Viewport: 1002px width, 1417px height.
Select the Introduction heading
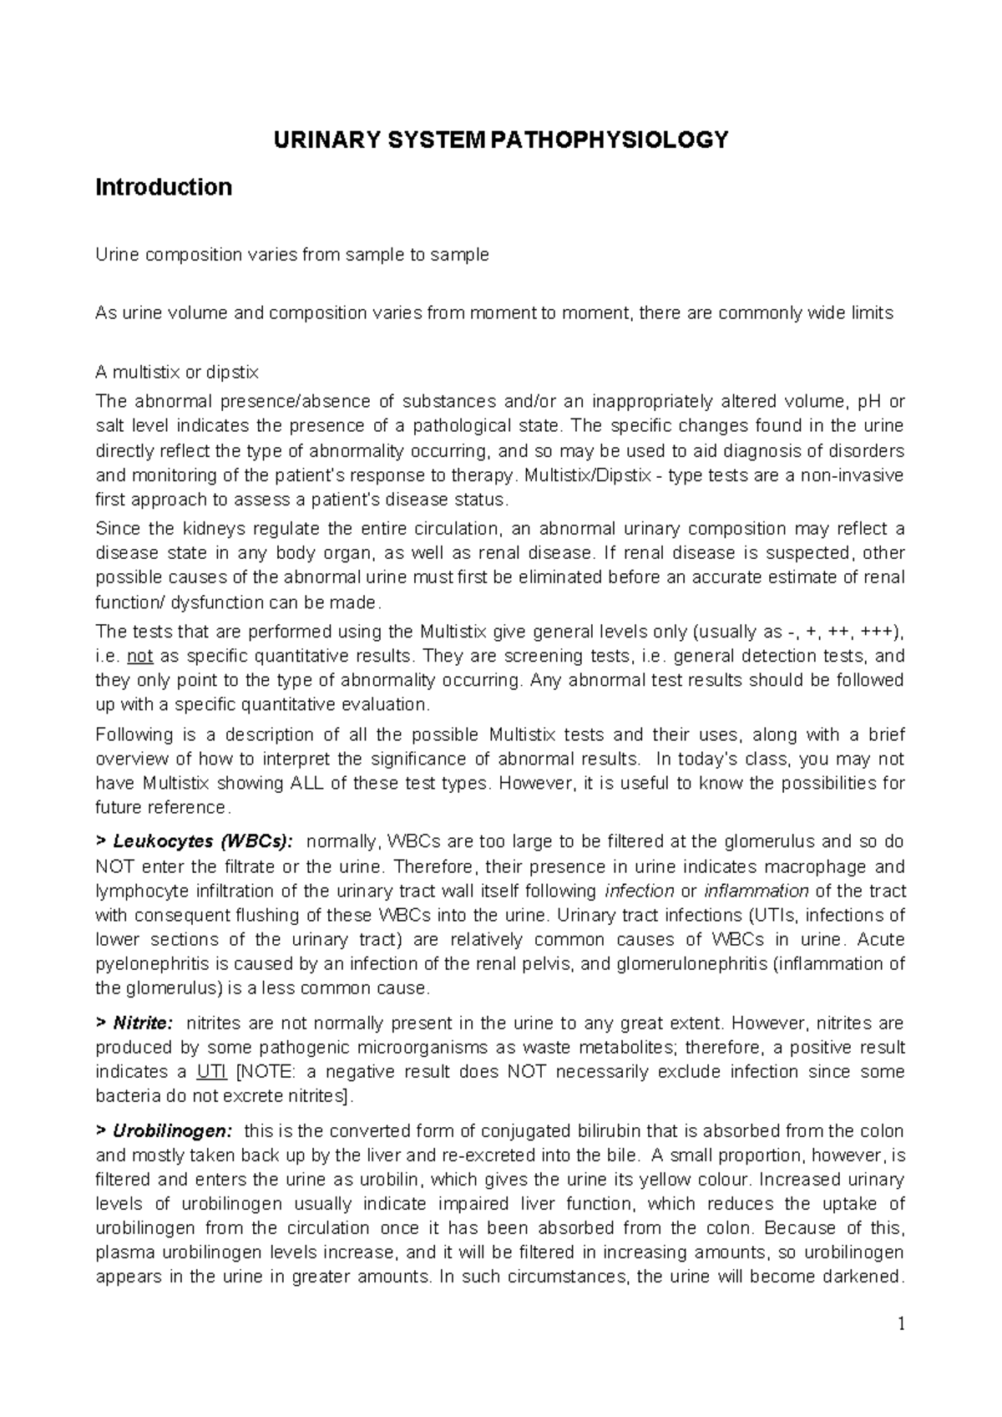point(164,187)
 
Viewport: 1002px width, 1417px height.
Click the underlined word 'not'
point(140,656)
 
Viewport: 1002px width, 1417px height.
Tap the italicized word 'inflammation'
point(757,891)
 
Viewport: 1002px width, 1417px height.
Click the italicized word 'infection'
point(640,891)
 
